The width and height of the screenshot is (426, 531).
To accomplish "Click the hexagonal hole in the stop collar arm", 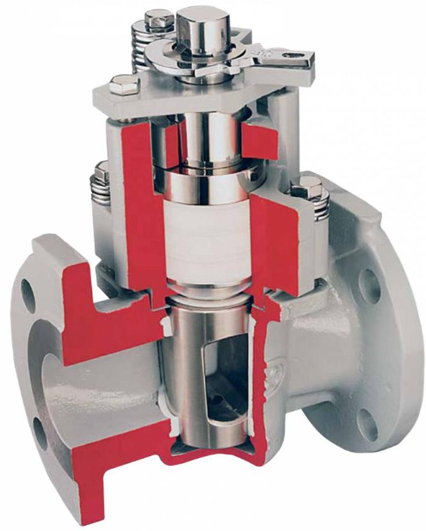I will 298,59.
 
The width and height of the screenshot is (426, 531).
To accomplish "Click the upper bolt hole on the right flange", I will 371,285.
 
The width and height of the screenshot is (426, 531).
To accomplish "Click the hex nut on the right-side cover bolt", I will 308,188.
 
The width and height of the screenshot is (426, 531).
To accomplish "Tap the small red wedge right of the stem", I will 258,129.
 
